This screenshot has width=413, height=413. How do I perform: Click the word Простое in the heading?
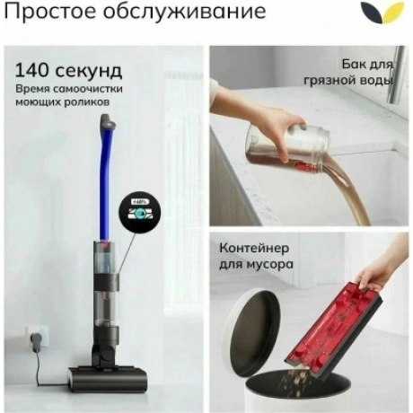[x=51, y=12]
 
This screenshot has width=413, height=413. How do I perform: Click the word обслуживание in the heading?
[x=185, y=12]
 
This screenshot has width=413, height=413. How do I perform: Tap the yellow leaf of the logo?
[x=392, y=13]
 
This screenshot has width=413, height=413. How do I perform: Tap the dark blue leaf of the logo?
[x=372, y=12]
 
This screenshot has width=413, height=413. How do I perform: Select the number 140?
[x=31, y=70]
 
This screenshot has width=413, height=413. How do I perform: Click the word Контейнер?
[x=254, y=248]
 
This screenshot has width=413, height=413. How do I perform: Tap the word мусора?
[x=270, y=265]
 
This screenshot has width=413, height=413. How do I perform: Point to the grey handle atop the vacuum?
[x=108, y=120]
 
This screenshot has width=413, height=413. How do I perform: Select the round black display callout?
[x=140, y=212]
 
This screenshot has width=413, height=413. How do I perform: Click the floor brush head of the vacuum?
[x=108, y=379]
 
